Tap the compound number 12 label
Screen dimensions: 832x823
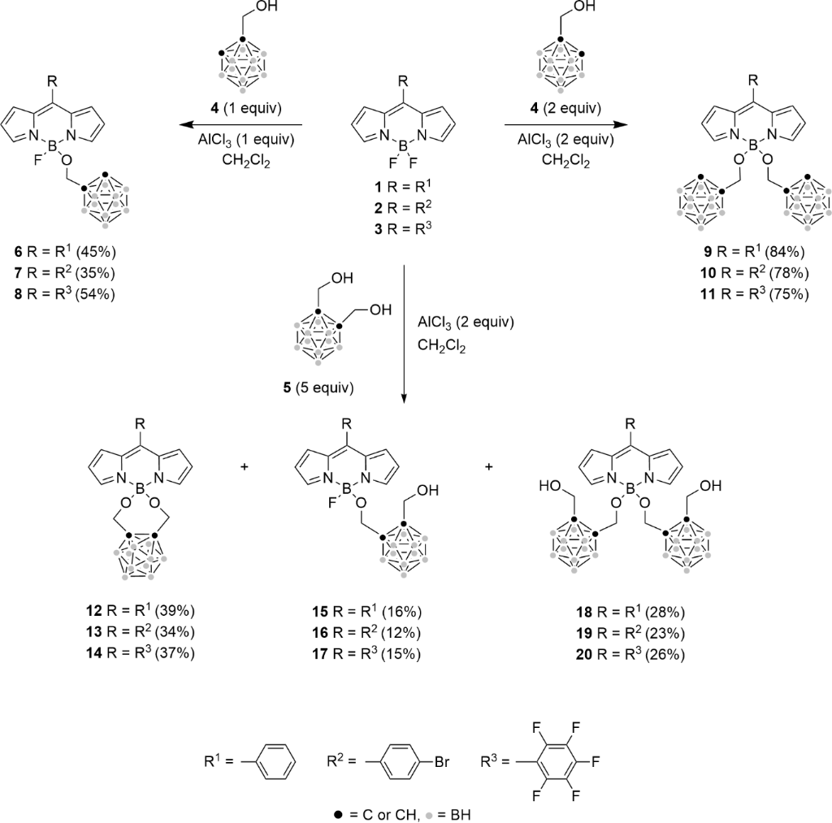point(93,611)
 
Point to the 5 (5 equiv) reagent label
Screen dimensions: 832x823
point(318,388)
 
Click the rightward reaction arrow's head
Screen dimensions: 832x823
point(620,125)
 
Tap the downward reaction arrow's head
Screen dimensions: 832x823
point(405,397)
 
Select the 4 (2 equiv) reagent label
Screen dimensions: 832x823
point(565,109)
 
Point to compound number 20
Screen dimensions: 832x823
point(585,654)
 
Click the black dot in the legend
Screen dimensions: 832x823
point(338,815)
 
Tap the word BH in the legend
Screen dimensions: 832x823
point(461,815)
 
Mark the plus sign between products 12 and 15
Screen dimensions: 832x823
point(245,467)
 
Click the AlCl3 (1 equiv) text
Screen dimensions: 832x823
point(246,140)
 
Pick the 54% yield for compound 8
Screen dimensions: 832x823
point(96,294)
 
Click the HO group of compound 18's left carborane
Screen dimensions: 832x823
point(551,486)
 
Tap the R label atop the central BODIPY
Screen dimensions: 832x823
point(403,82)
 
